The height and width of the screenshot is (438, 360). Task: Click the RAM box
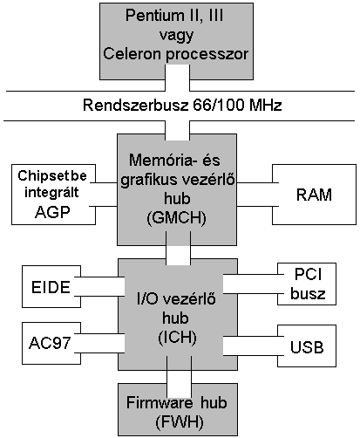pyautogui.click(x=314, y=195)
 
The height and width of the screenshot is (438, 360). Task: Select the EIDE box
pyautogui.click(x=51, y=286)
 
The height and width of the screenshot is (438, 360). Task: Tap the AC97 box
pyautogui.click(x=51, y=343)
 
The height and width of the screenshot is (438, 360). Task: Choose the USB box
pyautogui.click(x=307, y=346)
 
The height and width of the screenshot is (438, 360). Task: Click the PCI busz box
pyautogui.click(x=307, y=284)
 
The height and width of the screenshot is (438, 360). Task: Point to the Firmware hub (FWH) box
pyautogui.click(x=178, y=409)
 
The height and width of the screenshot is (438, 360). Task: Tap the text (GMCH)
pyautogui.click(x=177, y=217)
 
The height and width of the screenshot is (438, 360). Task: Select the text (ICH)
pyautogui.click(x=177, y=338)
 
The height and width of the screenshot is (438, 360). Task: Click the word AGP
pyautogui.click(x=52, y=212)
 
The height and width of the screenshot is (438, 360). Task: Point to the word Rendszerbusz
pyautogui.click(x=136, y=105)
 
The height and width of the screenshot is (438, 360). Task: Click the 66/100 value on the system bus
pyautogui.click(x=218, y=105)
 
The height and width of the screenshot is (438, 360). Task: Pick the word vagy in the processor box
pyautogui.click(x=176, y=36)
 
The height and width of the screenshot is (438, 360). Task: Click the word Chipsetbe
pyautogui.click(x=52, y=175)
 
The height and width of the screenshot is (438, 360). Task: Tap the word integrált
pyautogui.click(x=51, y=192)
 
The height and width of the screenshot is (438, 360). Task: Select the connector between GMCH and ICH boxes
pyautogui.click(x=178, y=249)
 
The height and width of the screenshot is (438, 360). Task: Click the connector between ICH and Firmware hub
pyautogui.click(x=179, y=376)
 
